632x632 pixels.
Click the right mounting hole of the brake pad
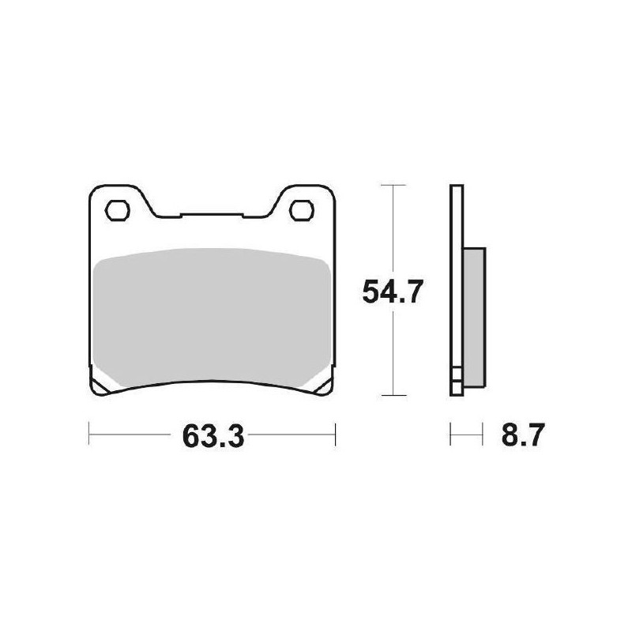[x=301, y=209]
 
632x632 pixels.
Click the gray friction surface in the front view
[x=210, y=316]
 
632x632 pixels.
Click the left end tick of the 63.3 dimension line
[x=88, y=434]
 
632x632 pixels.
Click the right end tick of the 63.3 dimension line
[x=336, y=434]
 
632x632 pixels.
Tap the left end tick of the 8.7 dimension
[x=450, y=434]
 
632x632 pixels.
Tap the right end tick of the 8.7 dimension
[x=481, y=434]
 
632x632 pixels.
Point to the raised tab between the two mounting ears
[x=210, y=214]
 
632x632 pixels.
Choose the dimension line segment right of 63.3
[x=296, y=434]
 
